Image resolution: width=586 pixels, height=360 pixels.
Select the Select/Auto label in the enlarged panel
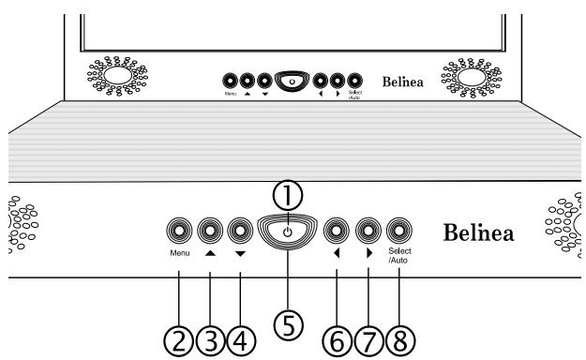(400, 255)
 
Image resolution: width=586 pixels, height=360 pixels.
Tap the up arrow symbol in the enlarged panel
(210, 251)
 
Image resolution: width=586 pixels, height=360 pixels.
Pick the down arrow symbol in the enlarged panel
(241, 251)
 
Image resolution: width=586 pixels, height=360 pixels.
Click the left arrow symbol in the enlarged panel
(336, 251)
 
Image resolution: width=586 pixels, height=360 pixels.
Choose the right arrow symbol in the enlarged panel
(368, 251)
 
